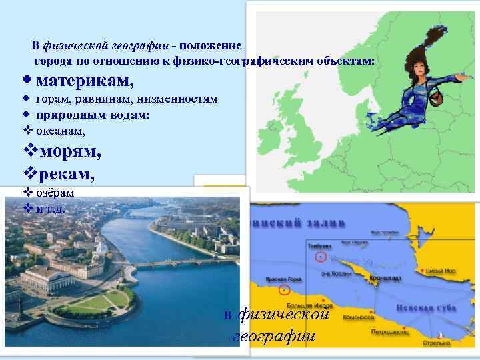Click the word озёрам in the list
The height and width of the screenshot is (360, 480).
55,193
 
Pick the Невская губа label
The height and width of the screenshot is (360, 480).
426,309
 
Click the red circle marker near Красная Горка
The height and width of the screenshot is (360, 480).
285,289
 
